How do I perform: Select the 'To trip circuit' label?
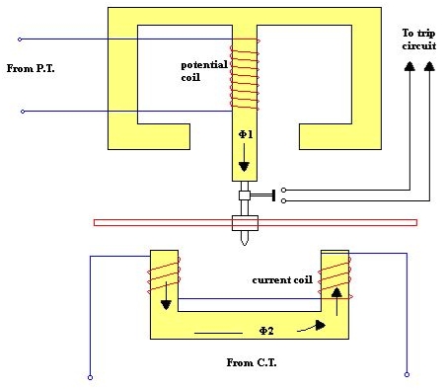tap(418, 39)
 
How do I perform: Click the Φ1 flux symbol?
tap(244, 134)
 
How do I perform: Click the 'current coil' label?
tap(281, 280)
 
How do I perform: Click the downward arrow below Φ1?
tap(244, 162)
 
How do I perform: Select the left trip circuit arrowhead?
tap(409, 67)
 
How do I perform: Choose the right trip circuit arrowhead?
tap(428, 67)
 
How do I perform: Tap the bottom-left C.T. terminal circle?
tap(90, 376)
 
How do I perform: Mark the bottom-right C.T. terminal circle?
tap(407, 374)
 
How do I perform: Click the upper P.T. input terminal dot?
tap(20, 39)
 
